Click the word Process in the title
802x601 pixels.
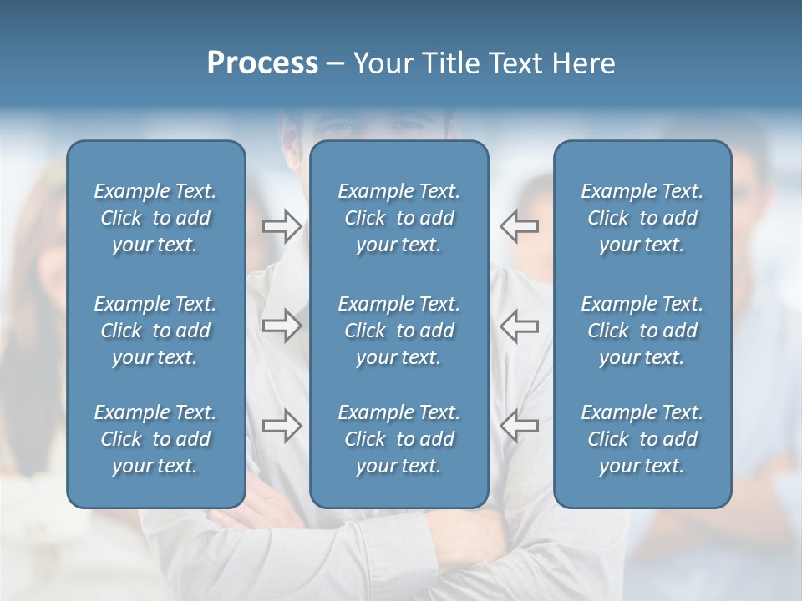point(262,63)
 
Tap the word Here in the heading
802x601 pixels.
point(582,63)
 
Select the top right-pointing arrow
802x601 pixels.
point(282,226)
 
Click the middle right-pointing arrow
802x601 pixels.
point(282,326)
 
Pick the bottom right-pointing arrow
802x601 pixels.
point(282,426)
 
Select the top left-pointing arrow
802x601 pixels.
point(519,226)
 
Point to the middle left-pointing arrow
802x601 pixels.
point(519,326)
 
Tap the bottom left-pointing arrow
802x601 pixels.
point(519,426)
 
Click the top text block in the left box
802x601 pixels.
point(155,218)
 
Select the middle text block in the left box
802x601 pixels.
point(155,331)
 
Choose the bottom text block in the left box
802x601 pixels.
point(155,439)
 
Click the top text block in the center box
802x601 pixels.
point(398,218)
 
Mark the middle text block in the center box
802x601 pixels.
point(398,331)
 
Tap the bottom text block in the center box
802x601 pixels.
point(398,439)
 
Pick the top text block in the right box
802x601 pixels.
point(642,218)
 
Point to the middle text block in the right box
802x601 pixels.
point(642,331)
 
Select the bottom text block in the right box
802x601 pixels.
point(642,439)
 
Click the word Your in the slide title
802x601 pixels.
point(382,63)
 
